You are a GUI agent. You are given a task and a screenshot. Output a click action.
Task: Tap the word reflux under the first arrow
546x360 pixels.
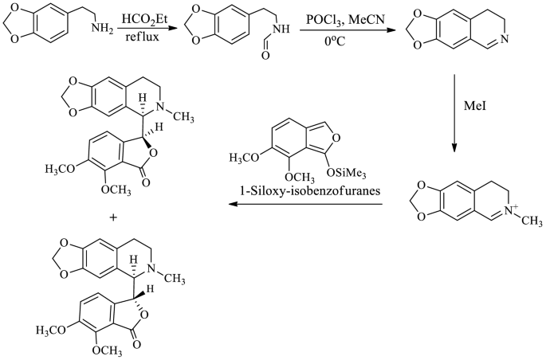pos(138,37)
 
